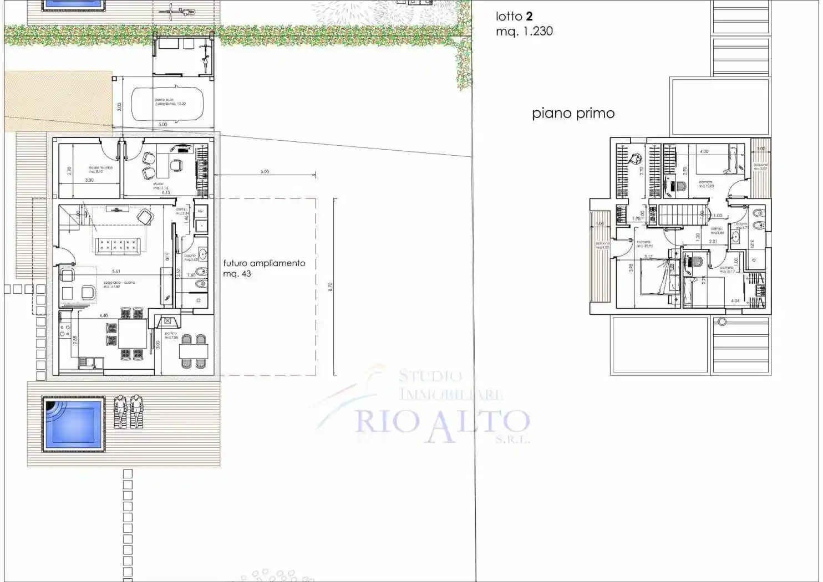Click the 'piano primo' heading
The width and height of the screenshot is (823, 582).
573,114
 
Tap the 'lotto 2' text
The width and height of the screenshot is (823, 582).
514,17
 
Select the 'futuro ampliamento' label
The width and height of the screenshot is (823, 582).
264,263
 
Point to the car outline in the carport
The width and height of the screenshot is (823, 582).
167,103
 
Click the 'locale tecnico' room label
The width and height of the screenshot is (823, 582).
100,168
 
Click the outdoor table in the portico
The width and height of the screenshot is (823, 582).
194,350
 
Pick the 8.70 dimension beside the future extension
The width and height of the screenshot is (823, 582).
331,287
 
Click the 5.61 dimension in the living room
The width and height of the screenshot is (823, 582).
116,272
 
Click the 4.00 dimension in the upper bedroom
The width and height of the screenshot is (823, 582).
704,151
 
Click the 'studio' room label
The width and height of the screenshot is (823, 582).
158,184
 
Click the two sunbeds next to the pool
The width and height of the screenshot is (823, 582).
128,412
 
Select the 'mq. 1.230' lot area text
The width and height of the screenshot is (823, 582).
524,32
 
